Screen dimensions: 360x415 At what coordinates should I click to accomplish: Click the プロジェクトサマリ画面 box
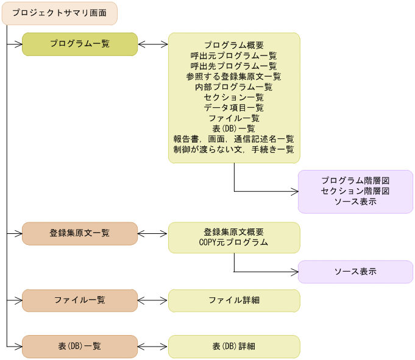point(59,13)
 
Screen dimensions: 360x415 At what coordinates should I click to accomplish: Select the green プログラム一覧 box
point(80,44)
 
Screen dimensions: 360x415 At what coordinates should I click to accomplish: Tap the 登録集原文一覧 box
point(80,233)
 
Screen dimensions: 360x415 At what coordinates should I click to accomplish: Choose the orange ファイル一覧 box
point(80,300)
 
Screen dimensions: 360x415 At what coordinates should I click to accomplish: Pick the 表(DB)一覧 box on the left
point(80,346)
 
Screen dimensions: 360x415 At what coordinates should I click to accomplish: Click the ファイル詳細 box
point(234,300)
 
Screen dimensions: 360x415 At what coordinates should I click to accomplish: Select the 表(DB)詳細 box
point(234,346)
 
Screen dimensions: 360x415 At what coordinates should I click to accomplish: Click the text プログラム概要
point(234,45)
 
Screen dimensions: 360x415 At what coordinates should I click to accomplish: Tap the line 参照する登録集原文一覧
point(234,76)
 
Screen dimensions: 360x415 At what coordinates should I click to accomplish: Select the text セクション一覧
point(234,97)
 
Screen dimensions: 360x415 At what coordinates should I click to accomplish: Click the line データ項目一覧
point(234,107)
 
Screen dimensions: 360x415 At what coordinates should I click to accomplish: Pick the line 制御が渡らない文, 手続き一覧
point(234,149)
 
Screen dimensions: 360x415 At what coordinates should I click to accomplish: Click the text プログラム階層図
point(355,181)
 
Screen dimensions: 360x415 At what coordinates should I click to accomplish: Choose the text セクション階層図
point(355,191)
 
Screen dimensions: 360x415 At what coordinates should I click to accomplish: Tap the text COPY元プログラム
point(234,242)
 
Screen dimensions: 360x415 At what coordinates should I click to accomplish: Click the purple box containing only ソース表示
point(355,272)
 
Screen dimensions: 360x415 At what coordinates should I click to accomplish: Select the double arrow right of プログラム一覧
point(153,44)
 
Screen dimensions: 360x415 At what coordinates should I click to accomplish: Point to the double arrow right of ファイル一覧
point(153,300)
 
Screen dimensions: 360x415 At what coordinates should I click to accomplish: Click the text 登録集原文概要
point(234,232)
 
